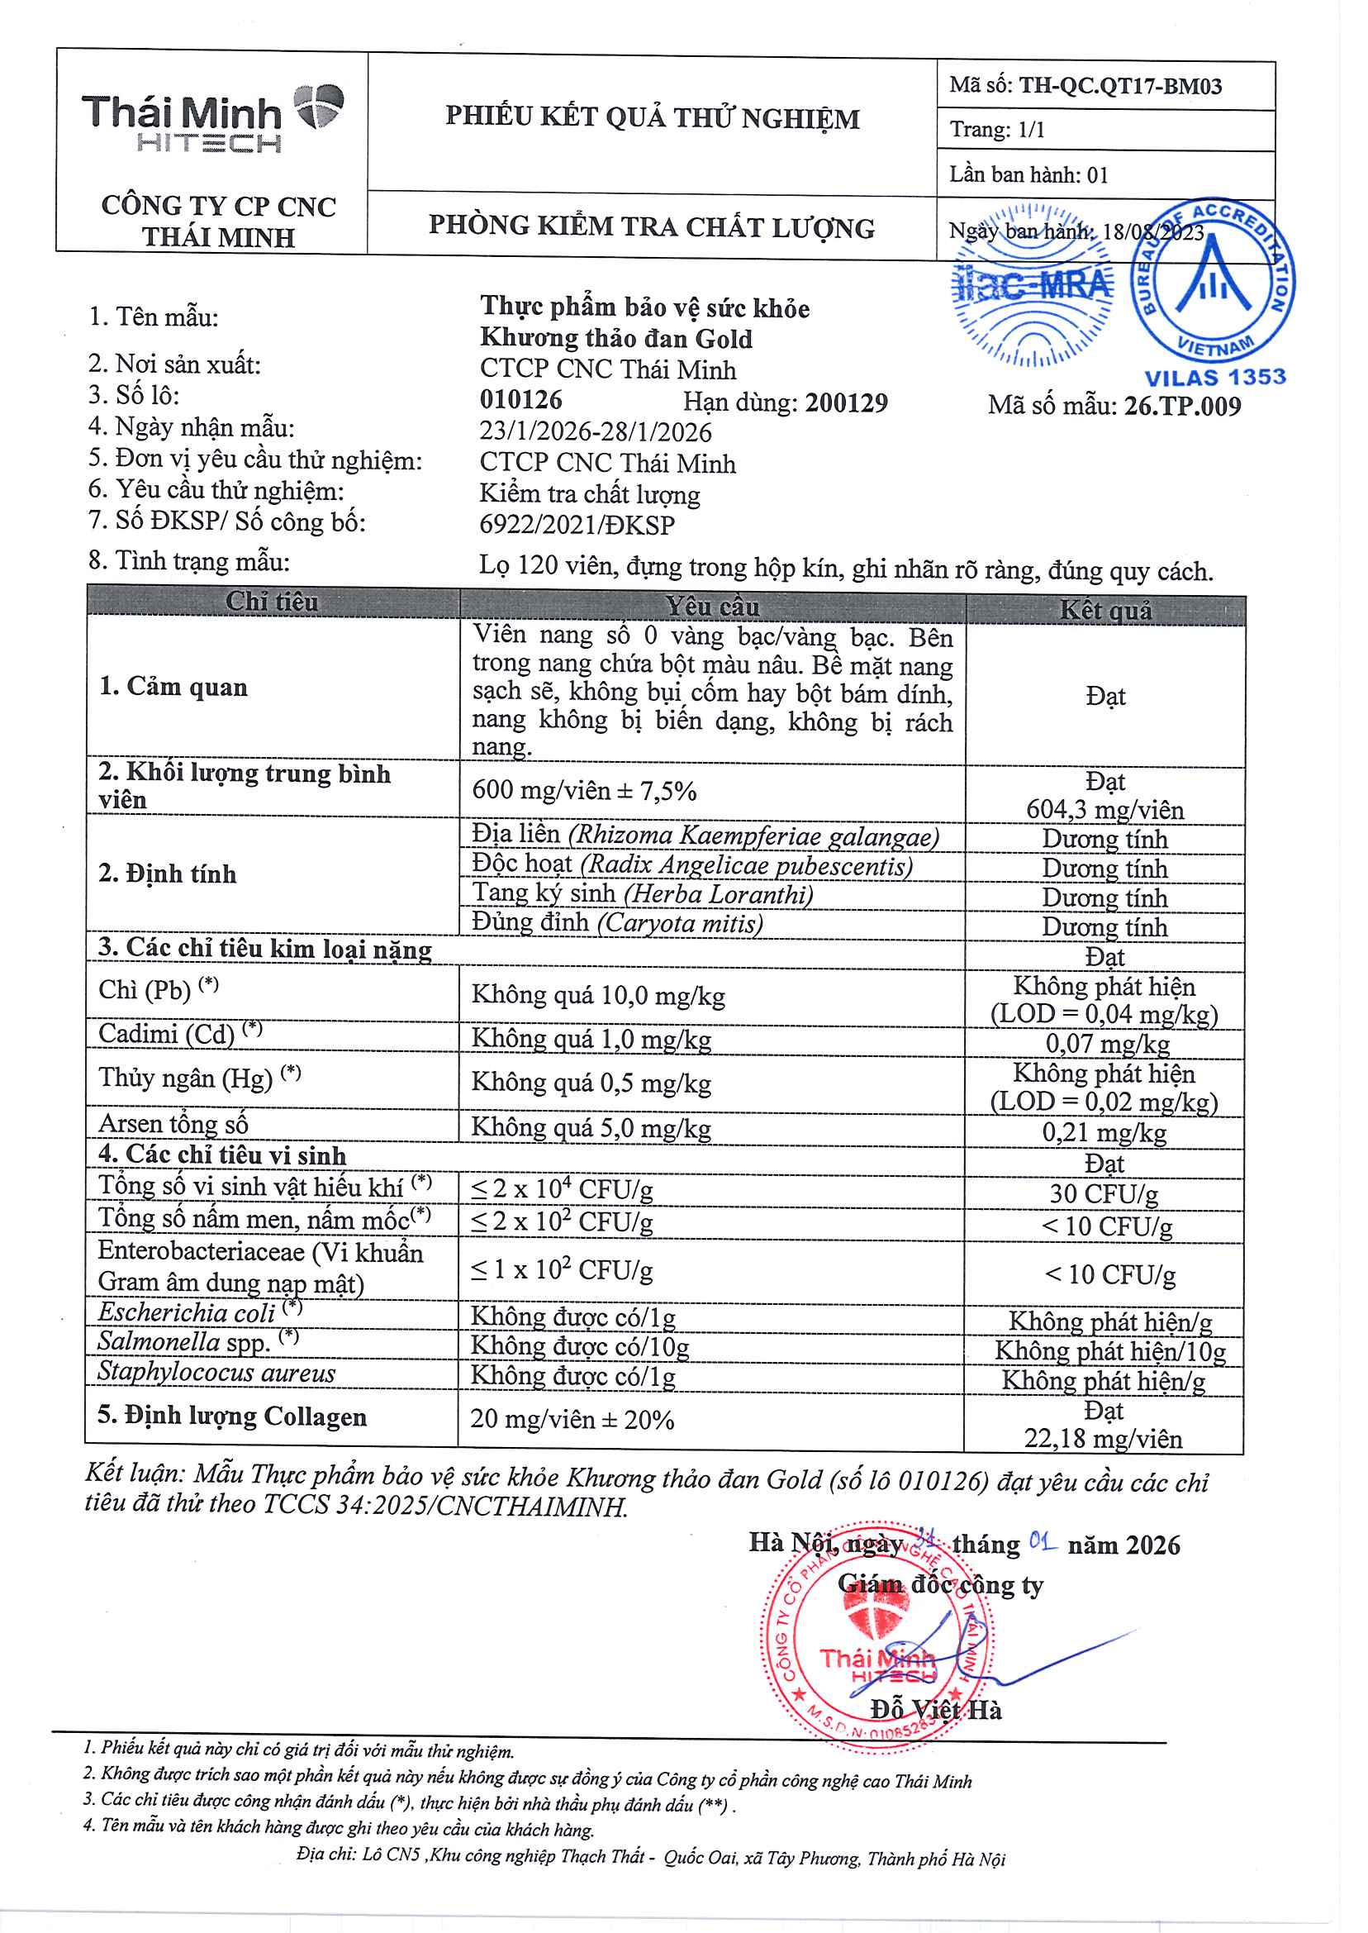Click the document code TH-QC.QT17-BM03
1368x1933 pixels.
pyautogui.click(x=1119, y=86)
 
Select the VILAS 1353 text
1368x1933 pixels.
pyautogui.click(x=1214, y=378)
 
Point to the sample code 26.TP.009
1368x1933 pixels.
pyautogui.click(x=1182, y=407)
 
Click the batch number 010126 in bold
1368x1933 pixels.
pyautogui.click(x=520, y=400)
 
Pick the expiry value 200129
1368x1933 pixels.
pyautogui.click(x=846, y=402)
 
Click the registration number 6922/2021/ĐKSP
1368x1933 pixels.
pyautogui.click(x=577, y=525)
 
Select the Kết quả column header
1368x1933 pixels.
pyautogui.click(x=1104, y=610)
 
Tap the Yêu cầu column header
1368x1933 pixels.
pyautogui.click(x=712, y=607)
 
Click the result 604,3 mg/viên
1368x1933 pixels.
pyautogui.click(x=1104, y=810)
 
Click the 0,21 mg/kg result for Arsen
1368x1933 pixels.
pyautogui.click(x=1104, y=1132)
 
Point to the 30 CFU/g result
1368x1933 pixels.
pyautogui.click(x=1104, y=1194)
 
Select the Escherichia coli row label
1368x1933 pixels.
pyautogui.click(x=187, y=1312)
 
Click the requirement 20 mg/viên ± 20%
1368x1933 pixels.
pyautogui.click(x=572, y=1420)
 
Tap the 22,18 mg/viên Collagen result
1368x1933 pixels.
pyautogui.click(x=1103, y=1438)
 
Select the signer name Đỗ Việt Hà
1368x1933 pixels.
pyautogui.click(x=936, y=1710)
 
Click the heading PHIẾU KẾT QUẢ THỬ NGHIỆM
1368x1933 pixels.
pyautogui.click(x=652, y=117)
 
